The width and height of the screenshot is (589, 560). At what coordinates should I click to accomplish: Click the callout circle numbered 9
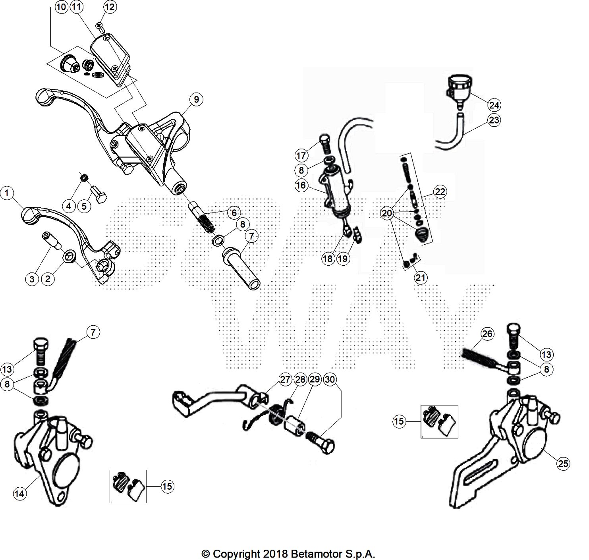point(196,99)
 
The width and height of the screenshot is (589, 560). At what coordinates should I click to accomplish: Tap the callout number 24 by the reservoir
point(494,105)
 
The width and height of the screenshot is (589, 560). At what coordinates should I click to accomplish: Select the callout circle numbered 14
point(19,494)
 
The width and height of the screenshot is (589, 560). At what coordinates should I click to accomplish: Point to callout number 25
point(563,463)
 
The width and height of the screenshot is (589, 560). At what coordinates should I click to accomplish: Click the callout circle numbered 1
point(7,194)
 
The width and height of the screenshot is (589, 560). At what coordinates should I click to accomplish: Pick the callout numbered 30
point(330,380)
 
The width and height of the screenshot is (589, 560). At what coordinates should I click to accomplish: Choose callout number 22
point(440,192)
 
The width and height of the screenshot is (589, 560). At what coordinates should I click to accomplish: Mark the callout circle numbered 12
point(110,7)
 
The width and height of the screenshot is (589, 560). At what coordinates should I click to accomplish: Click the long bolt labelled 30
point(321,443)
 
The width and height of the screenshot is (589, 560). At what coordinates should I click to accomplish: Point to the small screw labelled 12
point(100,27)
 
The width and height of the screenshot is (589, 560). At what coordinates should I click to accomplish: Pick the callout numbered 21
point(420,278)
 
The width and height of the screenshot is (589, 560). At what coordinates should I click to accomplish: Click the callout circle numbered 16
point(301,185)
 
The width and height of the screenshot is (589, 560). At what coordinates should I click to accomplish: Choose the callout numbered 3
point(33,279)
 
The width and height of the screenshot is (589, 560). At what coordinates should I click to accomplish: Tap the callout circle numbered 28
point(300,380)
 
